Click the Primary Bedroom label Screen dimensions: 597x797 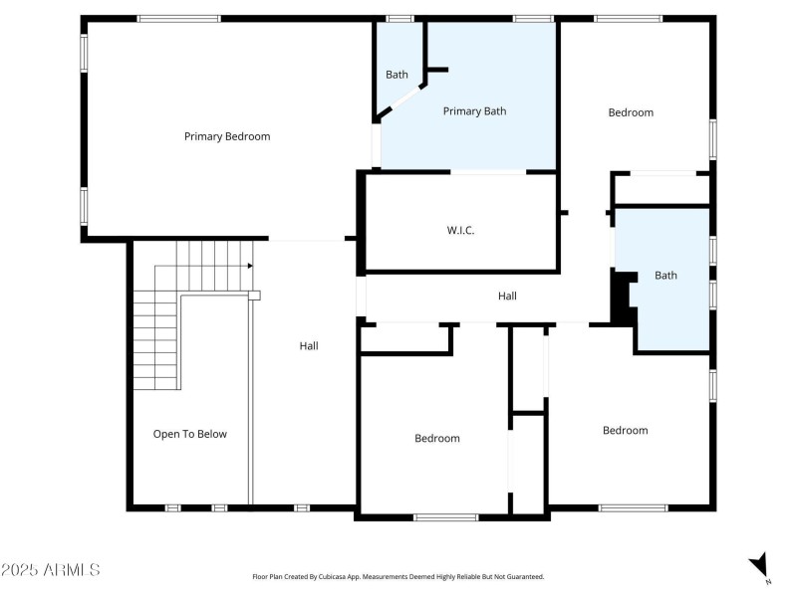click(x=227, y=136)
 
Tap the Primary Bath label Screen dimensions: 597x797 click(x=474, y=111)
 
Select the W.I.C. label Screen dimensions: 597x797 click(x=460, y=230)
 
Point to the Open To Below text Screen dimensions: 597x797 click(x=189, y=434)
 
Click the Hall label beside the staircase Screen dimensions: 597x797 click(x=309, y=346)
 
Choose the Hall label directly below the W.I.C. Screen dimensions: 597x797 click(x=507, y=296)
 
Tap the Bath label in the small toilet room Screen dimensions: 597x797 click(x=397, y=75)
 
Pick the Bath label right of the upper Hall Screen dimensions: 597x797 click(x=665, y=276)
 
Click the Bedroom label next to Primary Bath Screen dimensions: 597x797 click(x=631, y=112)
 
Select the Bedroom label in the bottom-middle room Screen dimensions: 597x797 click(x=437, y=438)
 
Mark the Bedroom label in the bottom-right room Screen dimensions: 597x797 click(x=625, y=430)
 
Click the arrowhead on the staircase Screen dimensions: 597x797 click(x=248, y=266)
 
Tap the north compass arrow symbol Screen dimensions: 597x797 click(x=760, y=564)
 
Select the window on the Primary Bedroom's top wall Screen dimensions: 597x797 click(x=179, y=18)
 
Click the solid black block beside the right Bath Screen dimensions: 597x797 click(x=624, y=299)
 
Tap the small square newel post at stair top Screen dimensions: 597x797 click(x=254, y=296)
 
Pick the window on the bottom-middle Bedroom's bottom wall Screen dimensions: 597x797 click(x=445, y=516)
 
